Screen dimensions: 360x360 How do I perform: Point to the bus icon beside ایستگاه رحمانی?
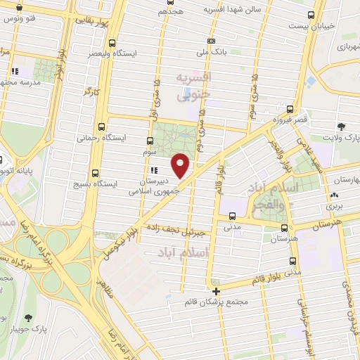point(103,128)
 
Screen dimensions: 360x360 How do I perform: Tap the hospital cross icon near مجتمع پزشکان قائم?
point(216,290)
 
